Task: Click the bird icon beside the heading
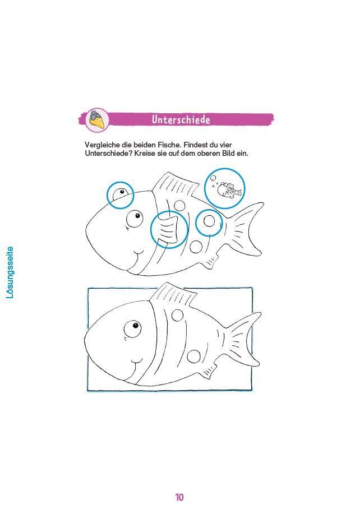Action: [x=97, y=119]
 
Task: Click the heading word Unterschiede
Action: [x=181, y=119]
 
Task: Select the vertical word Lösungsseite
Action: [x=10, y=272]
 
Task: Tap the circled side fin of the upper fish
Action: [x=168, y=229]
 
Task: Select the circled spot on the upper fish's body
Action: [x=209, y=221]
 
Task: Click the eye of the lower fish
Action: [x=133, y=329]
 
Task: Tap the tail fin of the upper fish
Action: [x=244, y=229]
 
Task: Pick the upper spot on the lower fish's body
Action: [x=177, y=316]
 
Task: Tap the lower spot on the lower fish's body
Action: [x=193, y=356]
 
